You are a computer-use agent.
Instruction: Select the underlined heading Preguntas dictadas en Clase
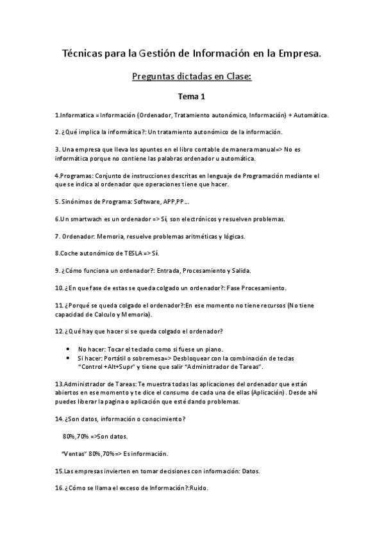click(x=192, y=77)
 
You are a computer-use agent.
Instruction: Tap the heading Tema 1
click(x=192, y=97)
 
